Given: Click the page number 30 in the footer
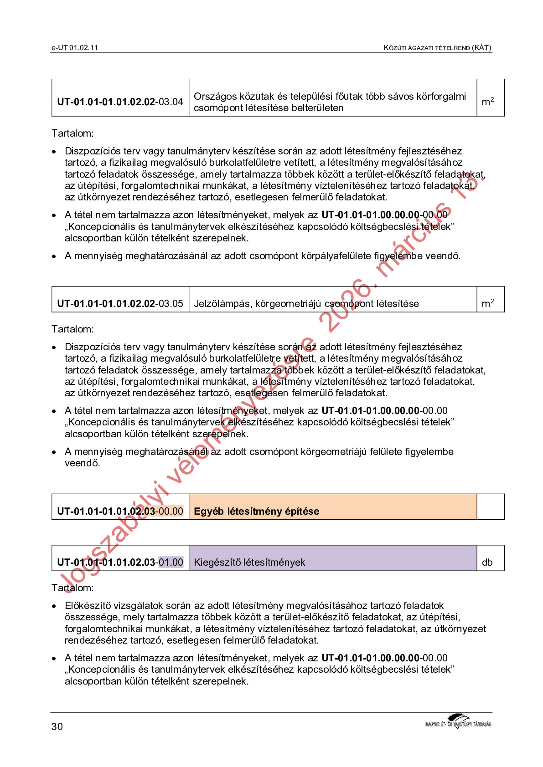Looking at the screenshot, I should (57, 726).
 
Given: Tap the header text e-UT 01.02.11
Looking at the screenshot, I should (75, 48).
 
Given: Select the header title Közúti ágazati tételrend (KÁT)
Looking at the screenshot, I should (437, 48).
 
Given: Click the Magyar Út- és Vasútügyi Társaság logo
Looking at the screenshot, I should (458, 721).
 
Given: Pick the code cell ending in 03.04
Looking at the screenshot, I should (120, 102).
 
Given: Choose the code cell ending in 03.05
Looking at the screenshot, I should (120, 303).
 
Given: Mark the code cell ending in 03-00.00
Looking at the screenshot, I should (120, 511).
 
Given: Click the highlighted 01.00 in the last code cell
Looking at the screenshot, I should (171, 562).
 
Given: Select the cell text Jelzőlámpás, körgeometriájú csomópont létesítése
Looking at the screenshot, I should (306, 303).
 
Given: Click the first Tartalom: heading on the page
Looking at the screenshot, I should (72, 133).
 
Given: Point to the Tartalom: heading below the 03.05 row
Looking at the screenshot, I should (72, 329).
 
